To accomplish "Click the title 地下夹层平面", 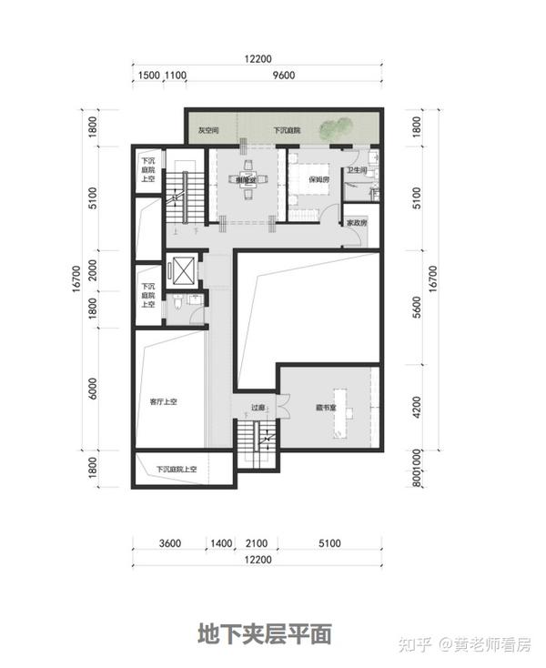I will (x=265, y=633).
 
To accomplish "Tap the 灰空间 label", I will (x=208, y=131).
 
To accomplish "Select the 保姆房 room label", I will (x=318, y=179).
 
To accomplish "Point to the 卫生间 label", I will (x=356, y=170).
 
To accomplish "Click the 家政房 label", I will (x=356, y=223).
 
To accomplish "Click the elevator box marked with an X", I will (x=184, y=271).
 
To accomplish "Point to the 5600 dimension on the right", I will (x=418, y=309).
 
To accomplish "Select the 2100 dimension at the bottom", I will (x=257, y=543).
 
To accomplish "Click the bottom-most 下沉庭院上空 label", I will (x=182, y=470).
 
